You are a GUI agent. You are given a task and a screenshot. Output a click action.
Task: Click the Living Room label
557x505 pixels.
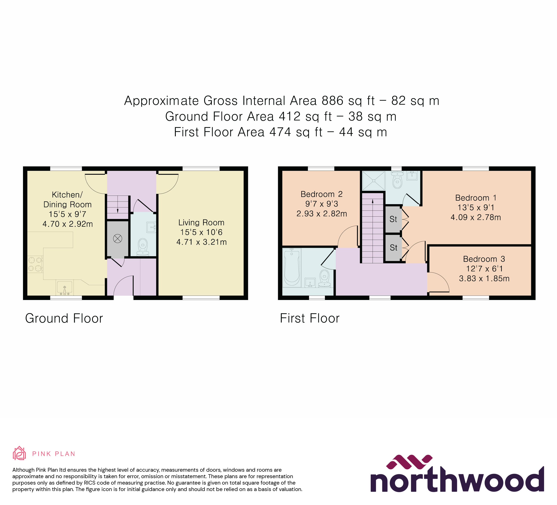pyautogui.click(x=201, y=222)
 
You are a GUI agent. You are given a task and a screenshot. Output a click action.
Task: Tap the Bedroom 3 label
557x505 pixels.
pyautogui.click(x=484, y=259)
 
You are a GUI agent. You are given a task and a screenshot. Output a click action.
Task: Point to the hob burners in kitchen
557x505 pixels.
pyautogui.click(x=35, y=264)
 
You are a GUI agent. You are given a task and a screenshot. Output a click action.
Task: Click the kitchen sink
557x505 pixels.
pyautogui.click(x=65, y=288)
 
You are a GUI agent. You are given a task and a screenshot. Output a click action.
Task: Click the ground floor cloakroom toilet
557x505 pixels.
pyautogui.click(x=142, y=247)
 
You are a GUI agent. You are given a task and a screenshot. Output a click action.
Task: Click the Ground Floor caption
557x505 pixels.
pyautogui.click(x=64, y=318)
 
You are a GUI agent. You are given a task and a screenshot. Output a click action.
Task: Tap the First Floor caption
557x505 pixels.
pyautogui.click(x=309, y=318)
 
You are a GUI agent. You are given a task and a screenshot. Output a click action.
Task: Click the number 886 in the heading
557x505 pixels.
pyautogui.click(x=332, y=101)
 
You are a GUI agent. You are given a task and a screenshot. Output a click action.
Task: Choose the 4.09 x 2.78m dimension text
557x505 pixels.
pyautogui.click(x=476, y=217)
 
